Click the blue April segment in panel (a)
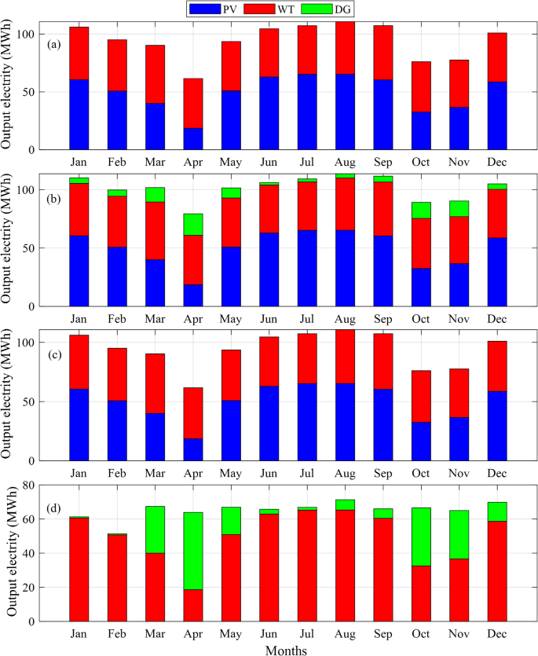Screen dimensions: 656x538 (x=193, y=139)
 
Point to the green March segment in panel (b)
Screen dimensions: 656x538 (x=156, y=195)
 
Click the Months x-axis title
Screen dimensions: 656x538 (x=285, y=650)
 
